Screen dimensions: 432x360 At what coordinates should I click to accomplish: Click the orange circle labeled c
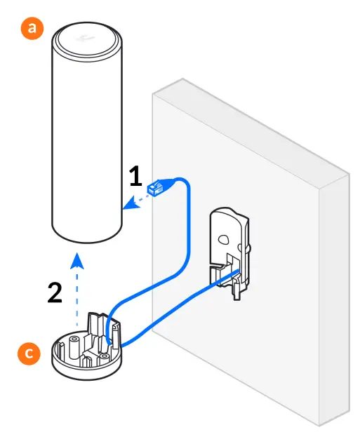[x=28, y=354]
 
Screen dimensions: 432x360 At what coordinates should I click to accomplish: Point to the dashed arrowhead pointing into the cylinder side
[x=127, y=205]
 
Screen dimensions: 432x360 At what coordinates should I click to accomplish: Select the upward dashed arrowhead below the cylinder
[x=79, y=262]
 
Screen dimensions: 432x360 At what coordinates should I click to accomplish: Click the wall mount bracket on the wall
[x=230, y=249]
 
